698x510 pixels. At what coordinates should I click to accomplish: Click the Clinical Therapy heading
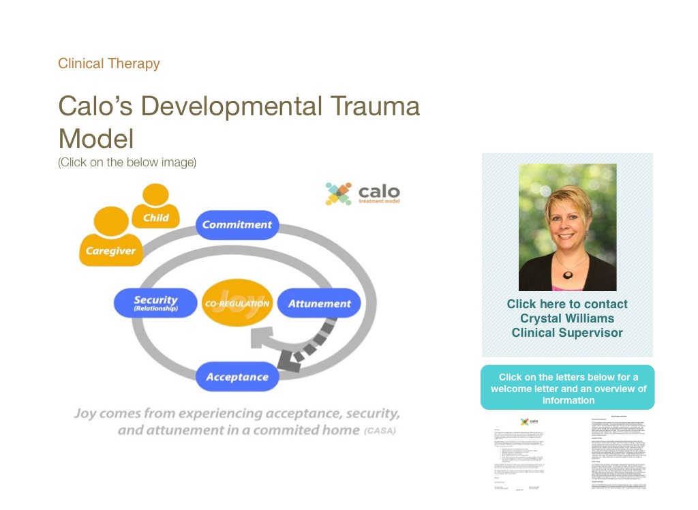coord(109,64)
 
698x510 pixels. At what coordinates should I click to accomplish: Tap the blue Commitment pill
coord(237,225)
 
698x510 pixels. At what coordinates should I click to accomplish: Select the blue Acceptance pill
coord(237,377)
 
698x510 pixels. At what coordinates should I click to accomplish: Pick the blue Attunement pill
coord(319,303)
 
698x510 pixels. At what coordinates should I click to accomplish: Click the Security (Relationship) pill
coord(155,303)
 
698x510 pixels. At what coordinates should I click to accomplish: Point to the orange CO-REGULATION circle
coord(237,303)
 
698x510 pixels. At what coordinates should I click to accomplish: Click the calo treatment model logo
coord(363,194)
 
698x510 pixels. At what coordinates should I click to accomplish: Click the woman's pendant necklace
coord(567,274)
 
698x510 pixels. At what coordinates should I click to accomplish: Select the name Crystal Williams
coord(567,318)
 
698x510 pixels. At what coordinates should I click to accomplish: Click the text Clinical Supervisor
coord(567,333)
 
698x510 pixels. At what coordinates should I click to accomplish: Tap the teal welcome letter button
coord(567,388)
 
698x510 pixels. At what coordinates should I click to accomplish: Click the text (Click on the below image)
coord(127,162)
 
